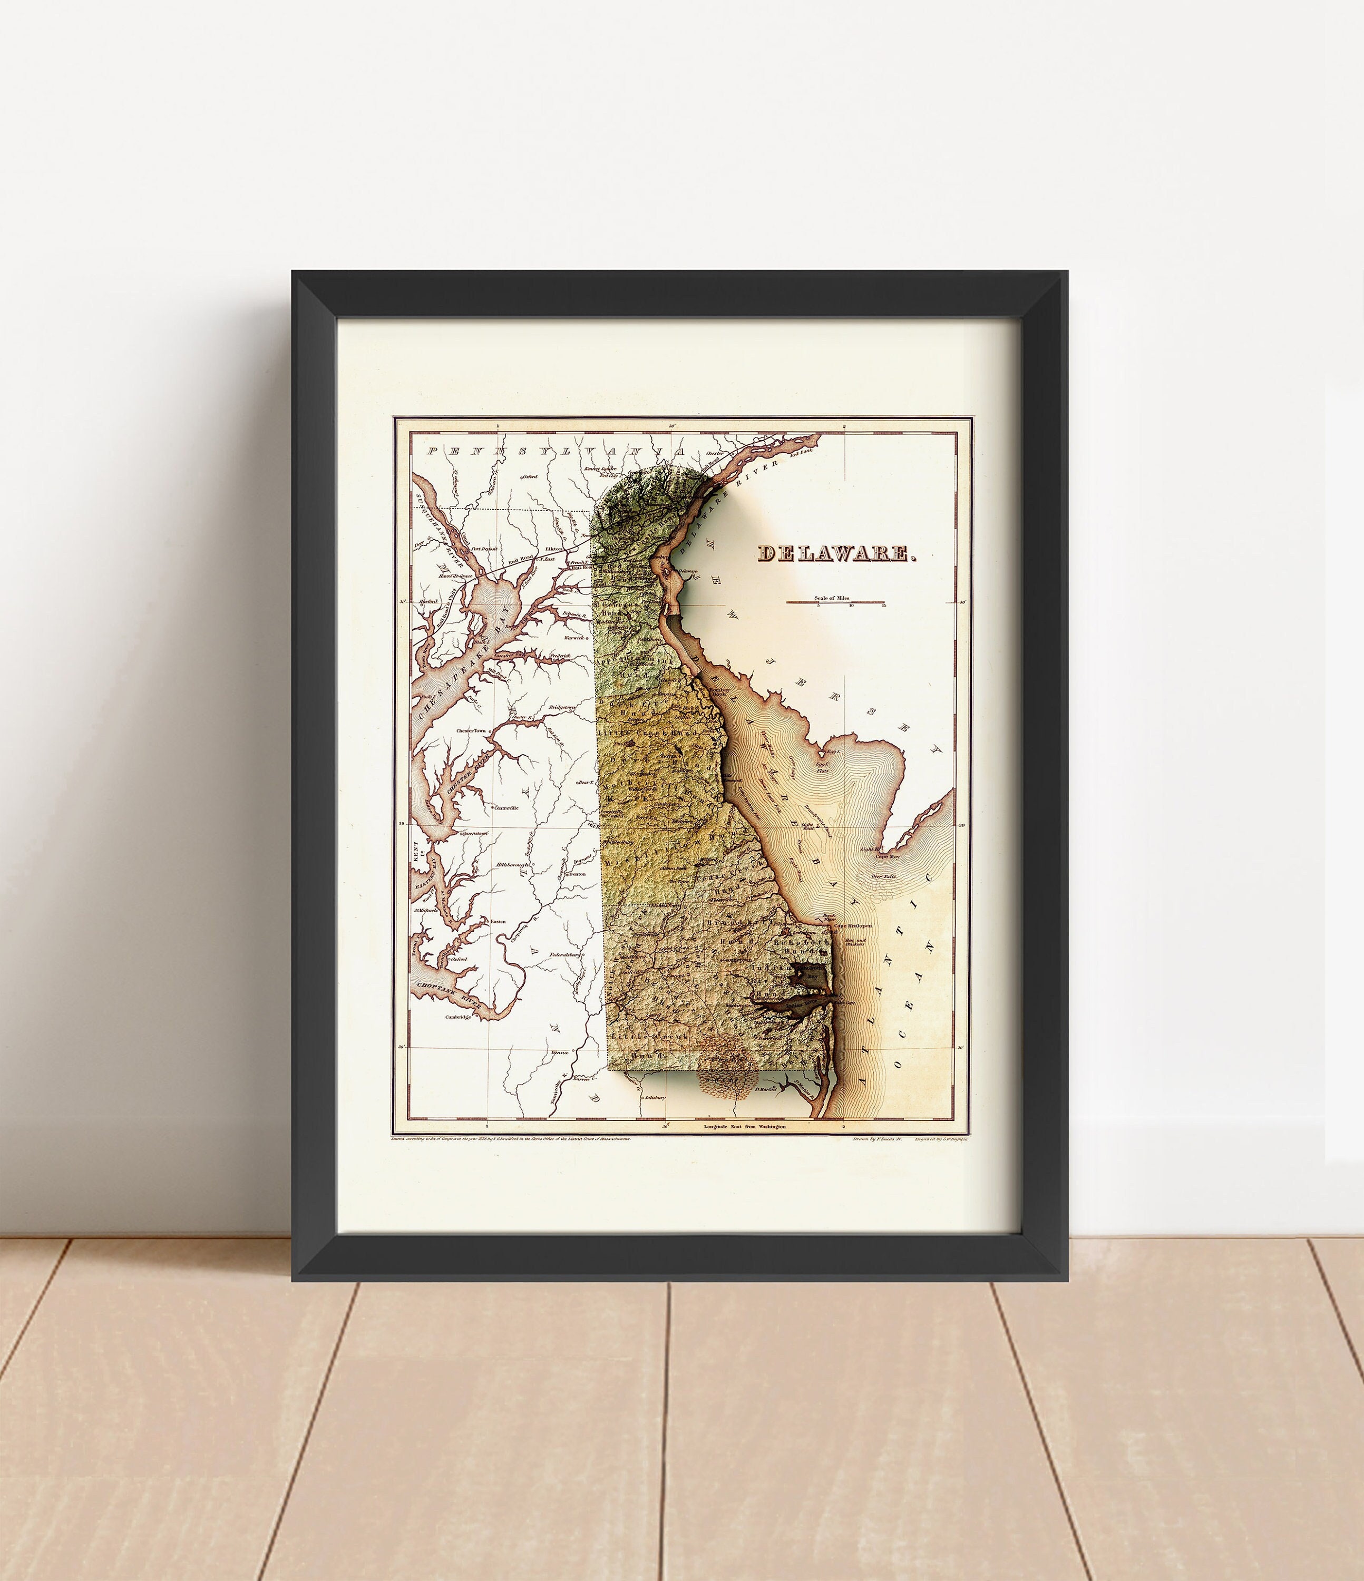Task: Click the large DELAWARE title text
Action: (836, 554)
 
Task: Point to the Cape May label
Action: (887, 857)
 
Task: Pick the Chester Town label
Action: (471, 730)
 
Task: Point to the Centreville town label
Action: (506, 807)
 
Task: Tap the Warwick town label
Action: (573, 637)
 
